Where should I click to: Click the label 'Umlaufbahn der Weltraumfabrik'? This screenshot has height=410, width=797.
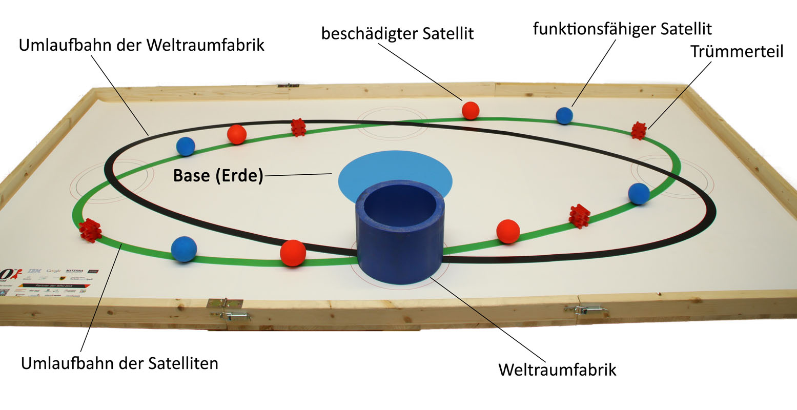click(141, 45)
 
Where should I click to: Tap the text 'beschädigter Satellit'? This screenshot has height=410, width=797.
click(397, 34)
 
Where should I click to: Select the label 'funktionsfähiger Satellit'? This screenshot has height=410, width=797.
click(622, 29)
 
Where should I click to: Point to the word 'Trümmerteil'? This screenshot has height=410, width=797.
click(737, 52)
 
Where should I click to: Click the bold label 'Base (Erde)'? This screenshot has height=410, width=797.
click(218, 176)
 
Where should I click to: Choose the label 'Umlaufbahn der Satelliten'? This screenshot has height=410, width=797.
click(119, 363)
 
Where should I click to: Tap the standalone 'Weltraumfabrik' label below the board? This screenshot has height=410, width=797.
click(557, 370)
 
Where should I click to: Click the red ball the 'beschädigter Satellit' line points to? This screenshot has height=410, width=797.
click(471, 110)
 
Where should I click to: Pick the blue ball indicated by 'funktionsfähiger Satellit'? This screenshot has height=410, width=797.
click(564, 115)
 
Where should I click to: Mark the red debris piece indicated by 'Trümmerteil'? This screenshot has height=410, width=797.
click(639, 131)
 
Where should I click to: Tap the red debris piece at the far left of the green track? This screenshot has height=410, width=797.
click(91, 231)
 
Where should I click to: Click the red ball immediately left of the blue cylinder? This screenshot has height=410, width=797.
click(293, 253)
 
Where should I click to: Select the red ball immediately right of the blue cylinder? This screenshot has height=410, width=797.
click(508, 231)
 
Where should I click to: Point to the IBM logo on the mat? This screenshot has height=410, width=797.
click(35, 271)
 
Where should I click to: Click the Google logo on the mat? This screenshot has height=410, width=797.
click(54, 271)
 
